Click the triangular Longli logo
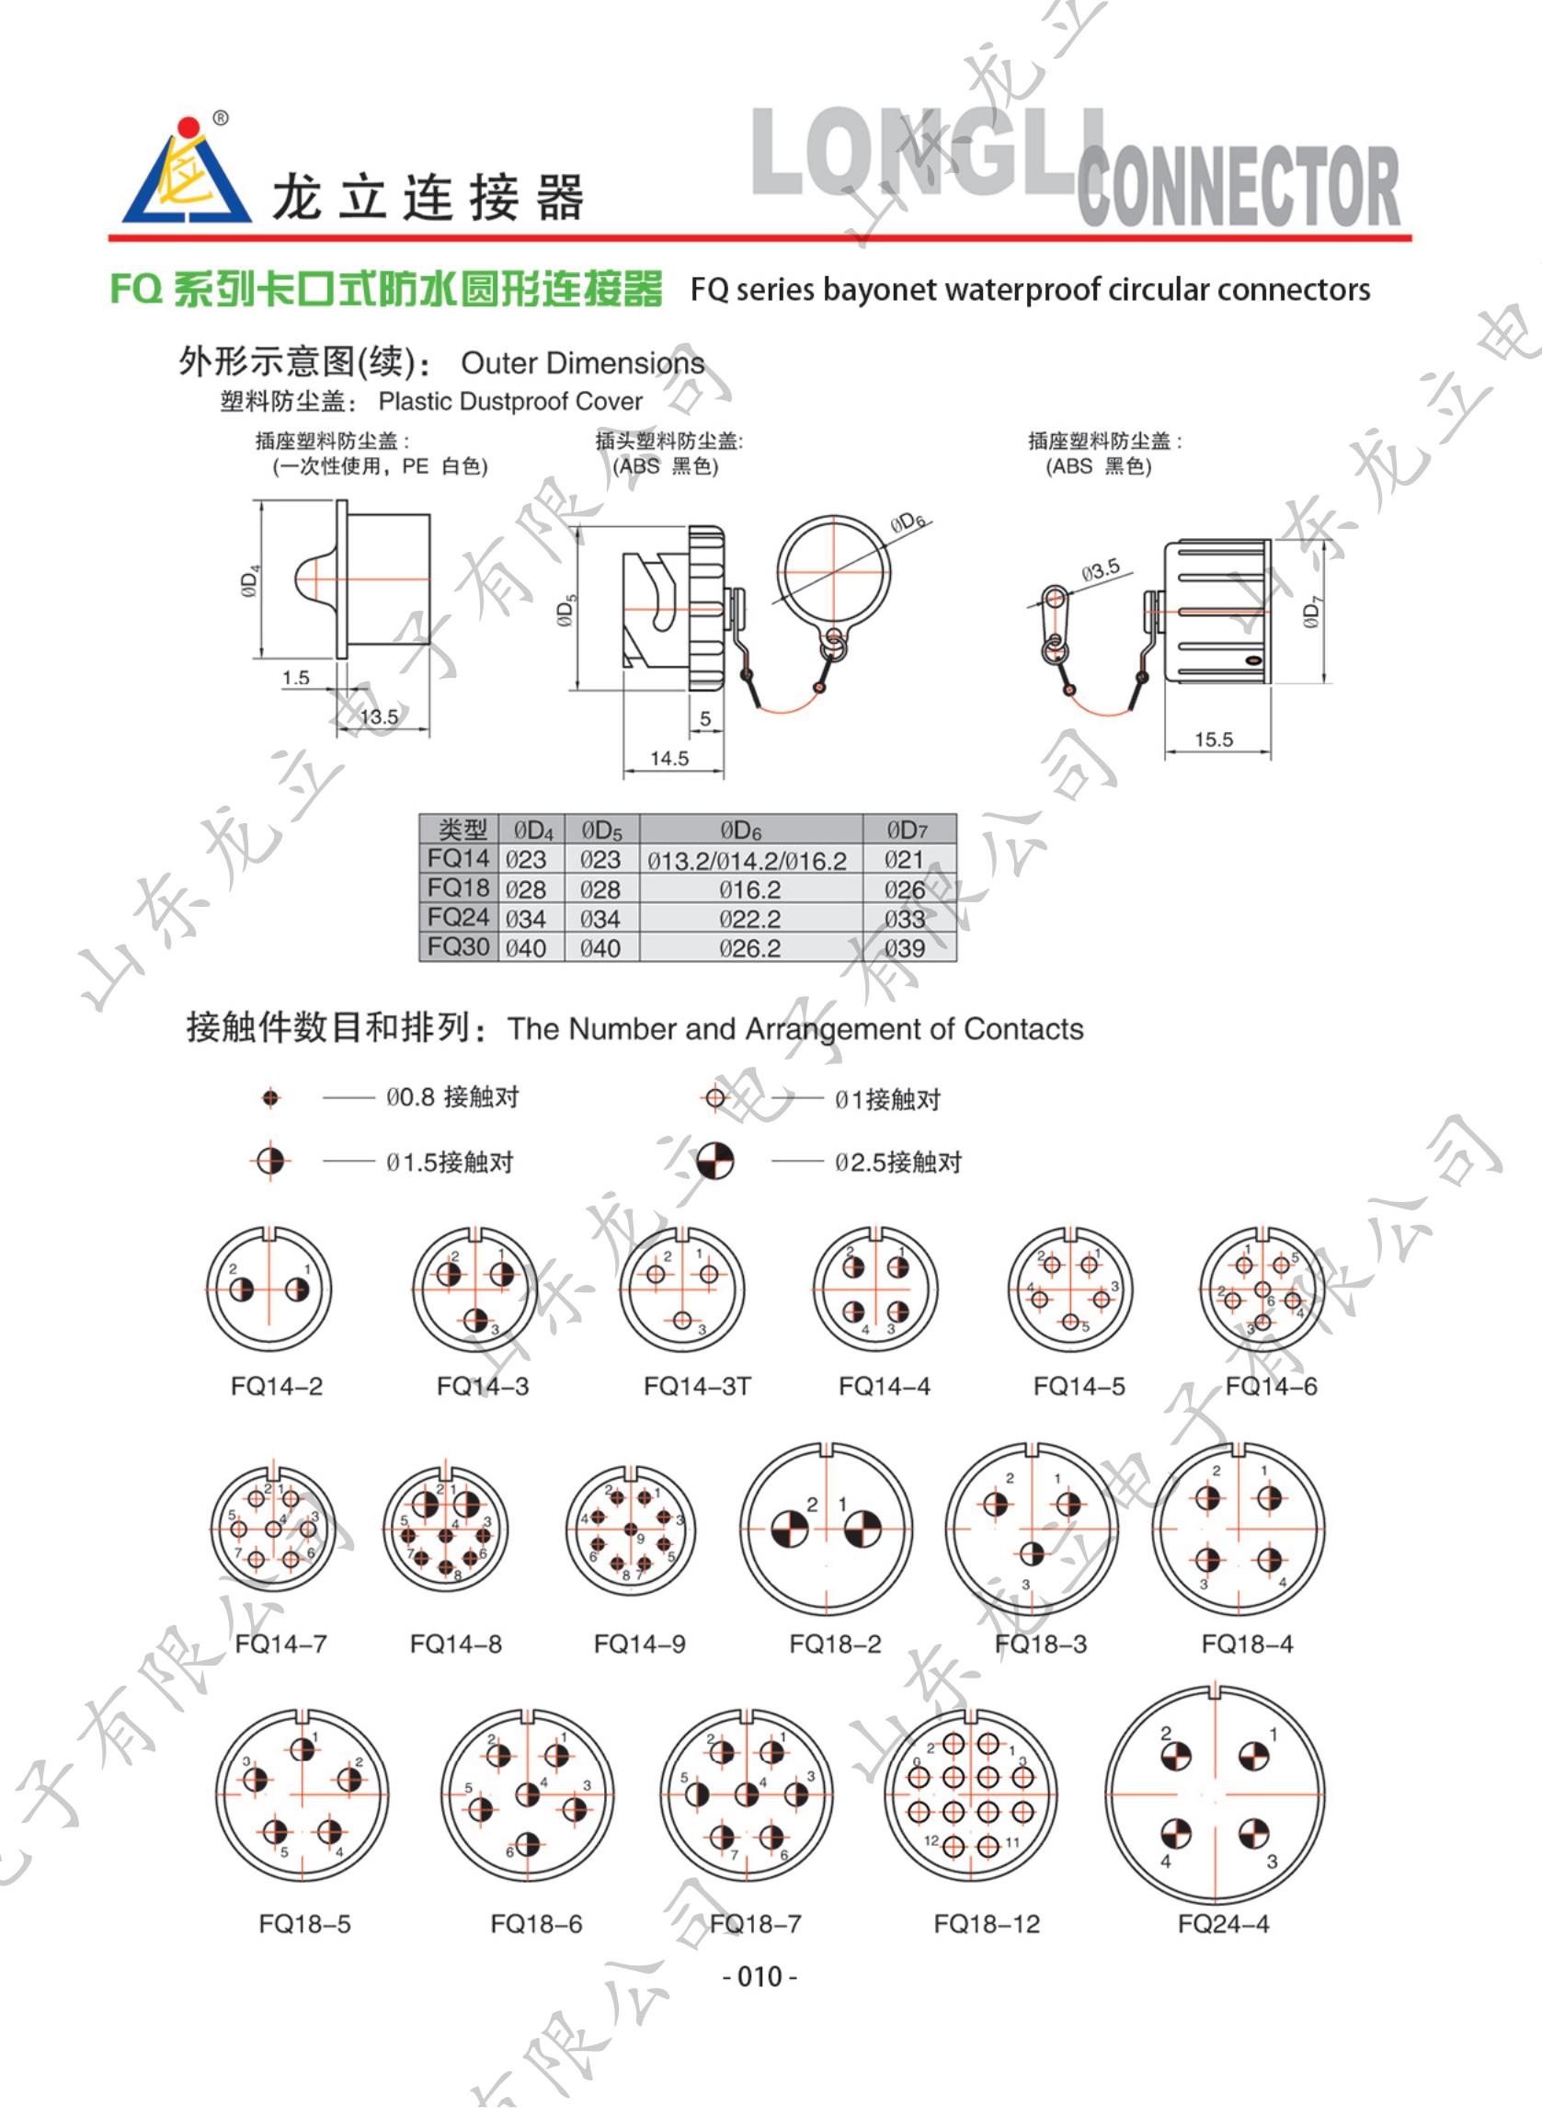pyautogui.click(x=186, y=177)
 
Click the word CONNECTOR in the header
pyautogui.click(x=1239, y=186)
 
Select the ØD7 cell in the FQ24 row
pyautogui.click(x=905, y=919)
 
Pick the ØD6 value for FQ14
pyautogui.click(x=747, y=861)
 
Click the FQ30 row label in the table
pyautogui.click(x=457, y=946)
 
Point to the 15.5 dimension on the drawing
pyautogui.click(x=1214, y=739)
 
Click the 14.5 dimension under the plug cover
pyautogui.click(x=669, y=758)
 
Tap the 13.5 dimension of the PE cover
pyautogui.click(x=379, y=717)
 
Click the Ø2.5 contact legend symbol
pyautogui.click(x=716, y=1161)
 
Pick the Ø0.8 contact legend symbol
pyautogui.click(x=270, y=1098)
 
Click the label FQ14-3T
pyautogui.click(x=696, y=1386)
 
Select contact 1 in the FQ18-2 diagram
pyautogui.click(x=862, y=1528)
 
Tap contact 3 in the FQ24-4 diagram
pyautogui.click(x=1253, y=1833)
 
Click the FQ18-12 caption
pyautogui.click(x=986, y=1924)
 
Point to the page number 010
pyautogui.click(x=760, y=1976)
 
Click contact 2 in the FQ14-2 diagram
pyautogui.click(x=241, y=1290)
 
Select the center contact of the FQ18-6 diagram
pyautogui.click(x=528, y=1793)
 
